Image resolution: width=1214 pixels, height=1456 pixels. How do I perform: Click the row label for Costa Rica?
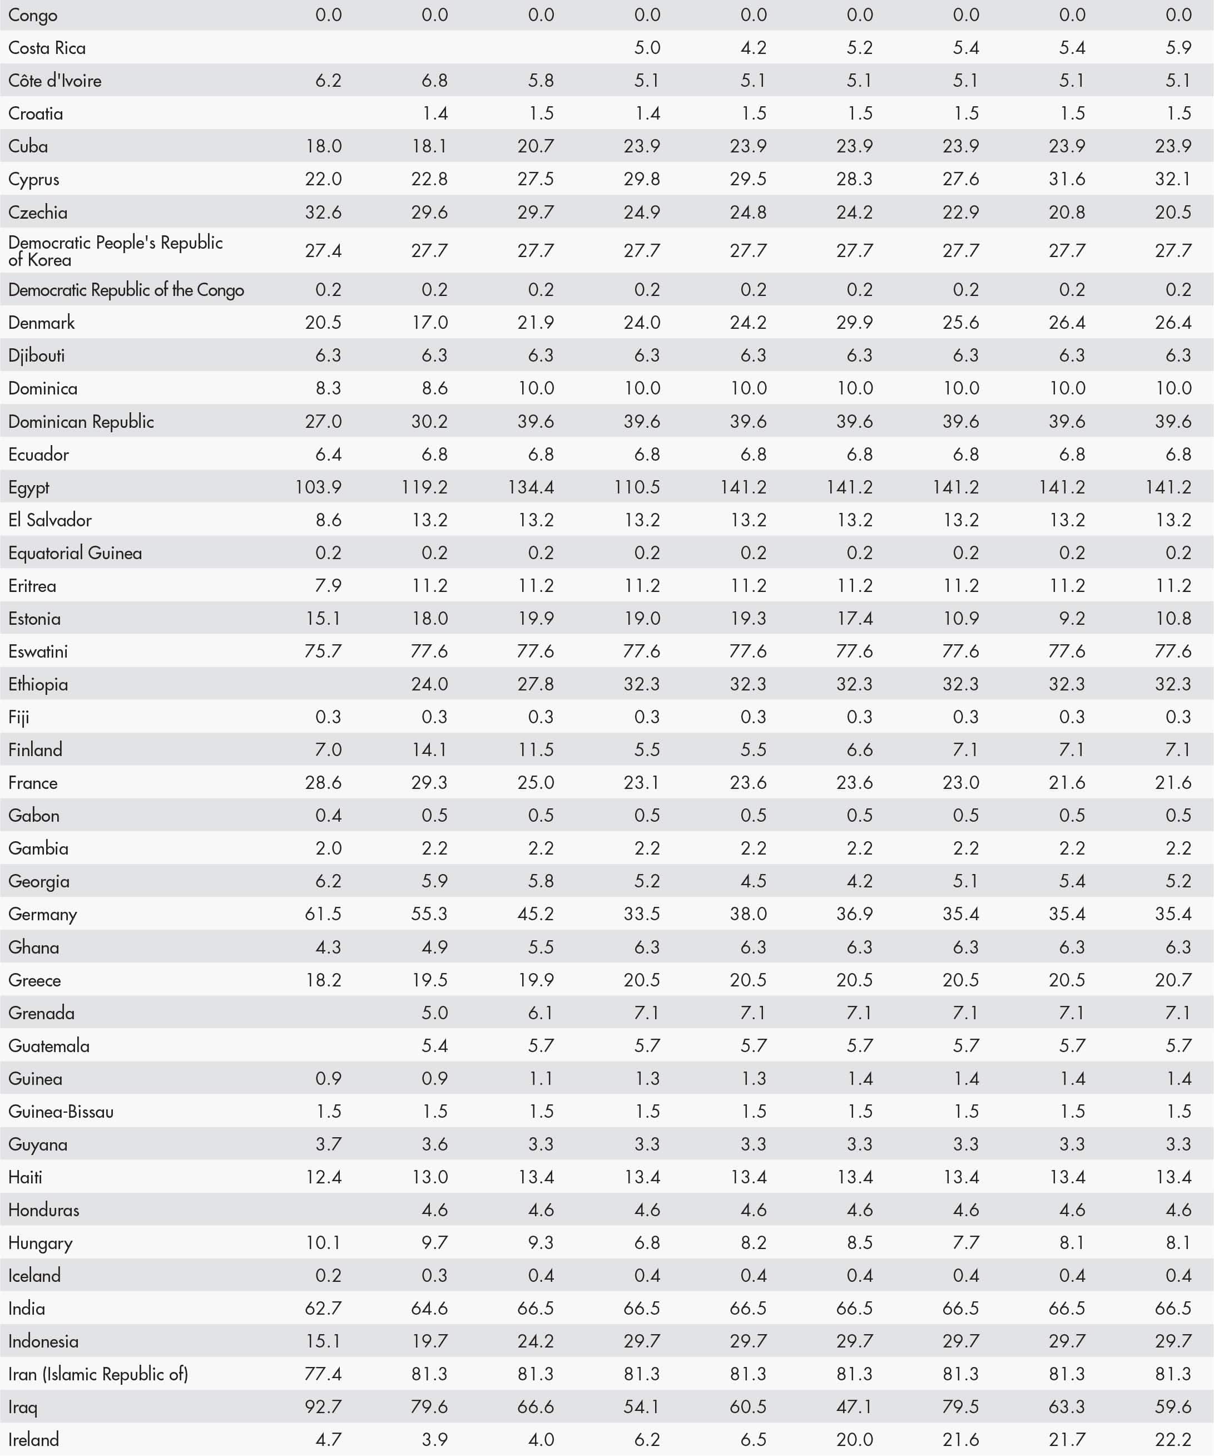(x=47, y=48)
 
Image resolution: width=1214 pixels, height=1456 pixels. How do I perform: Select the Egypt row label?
(x=29, y=487)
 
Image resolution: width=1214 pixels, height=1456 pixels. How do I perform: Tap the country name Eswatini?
(x=38, y=652)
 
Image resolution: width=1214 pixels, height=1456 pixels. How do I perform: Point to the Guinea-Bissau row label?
(x=61, y=1112)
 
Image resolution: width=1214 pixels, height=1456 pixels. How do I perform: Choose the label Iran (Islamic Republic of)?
(x=98, y=1374)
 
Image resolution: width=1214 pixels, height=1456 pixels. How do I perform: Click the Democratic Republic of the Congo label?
(x=126, y=290)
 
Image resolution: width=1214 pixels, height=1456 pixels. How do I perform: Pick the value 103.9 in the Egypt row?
(x=319, y=487)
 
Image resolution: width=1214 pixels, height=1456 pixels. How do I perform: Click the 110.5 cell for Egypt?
(x=637, y=487)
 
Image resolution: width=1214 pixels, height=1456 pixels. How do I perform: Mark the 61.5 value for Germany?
(x=324, y=914)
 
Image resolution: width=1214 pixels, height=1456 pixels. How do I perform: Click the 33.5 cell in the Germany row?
(x=642, y=914)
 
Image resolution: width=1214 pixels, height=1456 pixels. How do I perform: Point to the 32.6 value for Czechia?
(x=324, y=212)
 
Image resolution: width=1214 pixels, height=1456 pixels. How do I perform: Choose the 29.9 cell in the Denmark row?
(x=854, y=322)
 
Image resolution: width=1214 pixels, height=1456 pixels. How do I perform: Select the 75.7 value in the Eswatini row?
(x=324, y=652)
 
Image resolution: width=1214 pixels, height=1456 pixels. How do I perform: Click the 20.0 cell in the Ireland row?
(x=854, y=1439)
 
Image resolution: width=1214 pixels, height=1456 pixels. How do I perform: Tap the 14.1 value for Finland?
(x=430, y=749)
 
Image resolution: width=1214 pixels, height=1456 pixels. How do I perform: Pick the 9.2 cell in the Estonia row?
(x=1072, y=619)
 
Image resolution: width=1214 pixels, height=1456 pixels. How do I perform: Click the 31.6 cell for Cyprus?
(x=1067, y=179)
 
